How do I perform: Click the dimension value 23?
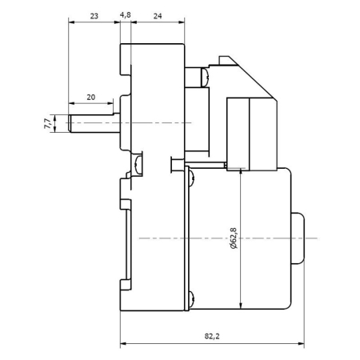(94, 15)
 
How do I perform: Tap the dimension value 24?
(158, 15)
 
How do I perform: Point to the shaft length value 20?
(91, 97)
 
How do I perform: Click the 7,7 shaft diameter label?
(47, 124)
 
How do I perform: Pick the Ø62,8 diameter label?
(232, 238)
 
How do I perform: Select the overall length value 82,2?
(210, 337)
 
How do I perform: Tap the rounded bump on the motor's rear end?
(297, 238)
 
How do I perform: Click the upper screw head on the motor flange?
(191, 178)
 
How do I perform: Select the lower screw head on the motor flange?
(191, 298)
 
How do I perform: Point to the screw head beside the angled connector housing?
(205, 78)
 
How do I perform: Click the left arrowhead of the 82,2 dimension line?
(123, 345)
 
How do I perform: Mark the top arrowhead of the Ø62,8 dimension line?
(241, 170)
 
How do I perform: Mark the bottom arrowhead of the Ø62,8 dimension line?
(241, 306)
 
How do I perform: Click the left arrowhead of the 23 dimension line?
(72, 22)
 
